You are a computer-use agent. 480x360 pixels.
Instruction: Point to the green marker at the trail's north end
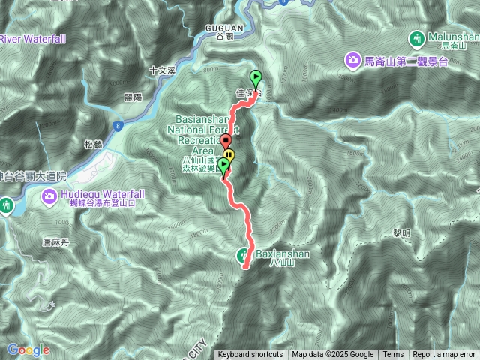[x=256, y=78]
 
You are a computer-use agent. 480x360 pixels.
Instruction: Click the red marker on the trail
[x=226, y=142]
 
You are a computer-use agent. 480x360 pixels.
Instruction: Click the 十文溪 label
[x=161, y=70]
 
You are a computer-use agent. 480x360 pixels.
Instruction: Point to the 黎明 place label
[x=401, y=234]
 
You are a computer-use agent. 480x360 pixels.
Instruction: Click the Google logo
[x=28, y=349]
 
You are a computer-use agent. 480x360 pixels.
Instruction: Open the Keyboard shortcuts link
[x=250, y=355]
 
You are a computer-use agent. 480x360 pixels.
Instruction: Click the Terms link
[x=393, y=355]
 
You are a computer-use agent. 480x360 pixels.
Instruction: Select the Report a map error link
[x=445, y=355]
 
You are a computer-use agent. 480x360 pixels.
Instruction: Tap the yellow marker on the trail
[x=229, y=156]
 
